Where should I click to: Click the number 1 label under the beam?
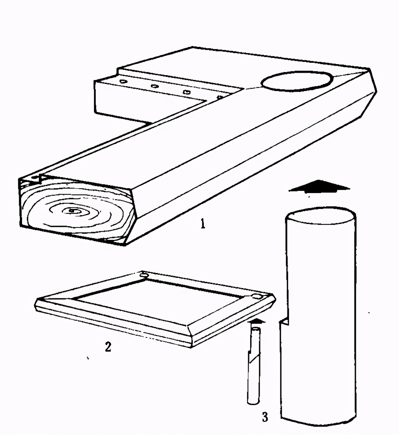tap(203, 224)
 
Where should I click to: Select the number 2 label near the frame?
tap(108, 346)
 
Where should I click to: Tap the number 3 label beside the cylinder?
tap(265, 411)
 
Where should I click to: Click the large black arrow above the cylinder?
tap(319, 186)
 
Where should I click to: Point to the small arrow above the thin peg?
tap(257, 321)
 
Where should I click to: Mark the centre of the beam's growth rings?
tap(72, 210)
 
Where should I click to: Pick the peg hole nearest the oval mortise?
tap(219, 97)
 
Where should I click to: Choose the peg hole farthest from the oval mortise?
tap(123, 81)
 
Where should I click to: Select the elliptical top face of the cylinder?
tap(320, 216)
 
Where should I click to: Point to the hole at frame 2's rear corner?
tap(144, 275)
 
